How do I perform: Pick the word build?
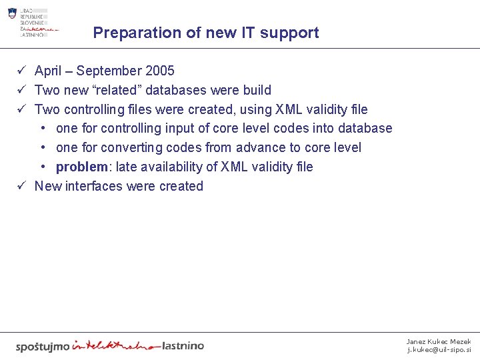pos(256,90)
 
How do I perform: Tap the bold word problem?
pos(81,167)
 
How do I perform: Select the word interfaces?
pos(93,186)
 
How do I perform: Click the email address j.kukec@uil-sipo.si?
pos(439,350)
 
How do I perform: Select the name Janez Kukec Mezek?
pos(439,341)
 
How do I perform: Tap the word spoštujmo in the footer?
pos(42,346)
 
